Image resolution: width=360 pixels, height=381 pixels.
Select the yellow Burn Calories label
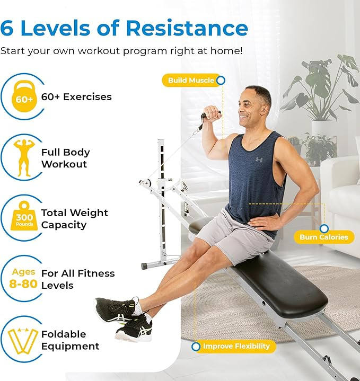click(323, 237)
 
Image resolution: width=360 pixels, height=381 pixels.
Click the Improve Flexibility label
click(236, 347)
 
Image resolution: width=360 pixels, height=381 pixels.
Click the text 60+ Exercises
click(76, 97)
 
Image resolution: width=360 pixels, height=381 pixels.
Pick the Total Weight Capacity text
click(74, 218)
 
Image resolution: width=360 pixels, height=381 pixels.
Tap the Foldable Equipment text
click(70, 340)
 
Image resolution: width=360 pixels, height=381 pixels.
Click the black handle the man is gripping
click(204, 117)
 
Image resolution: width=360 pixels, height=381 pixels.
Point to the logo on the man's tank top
click(258, 160)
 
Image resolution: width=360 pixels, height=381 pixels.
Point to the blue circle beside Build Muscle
click(221, 81)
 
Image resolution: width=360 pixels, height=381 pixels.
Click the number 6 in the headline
click(7, 28)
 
